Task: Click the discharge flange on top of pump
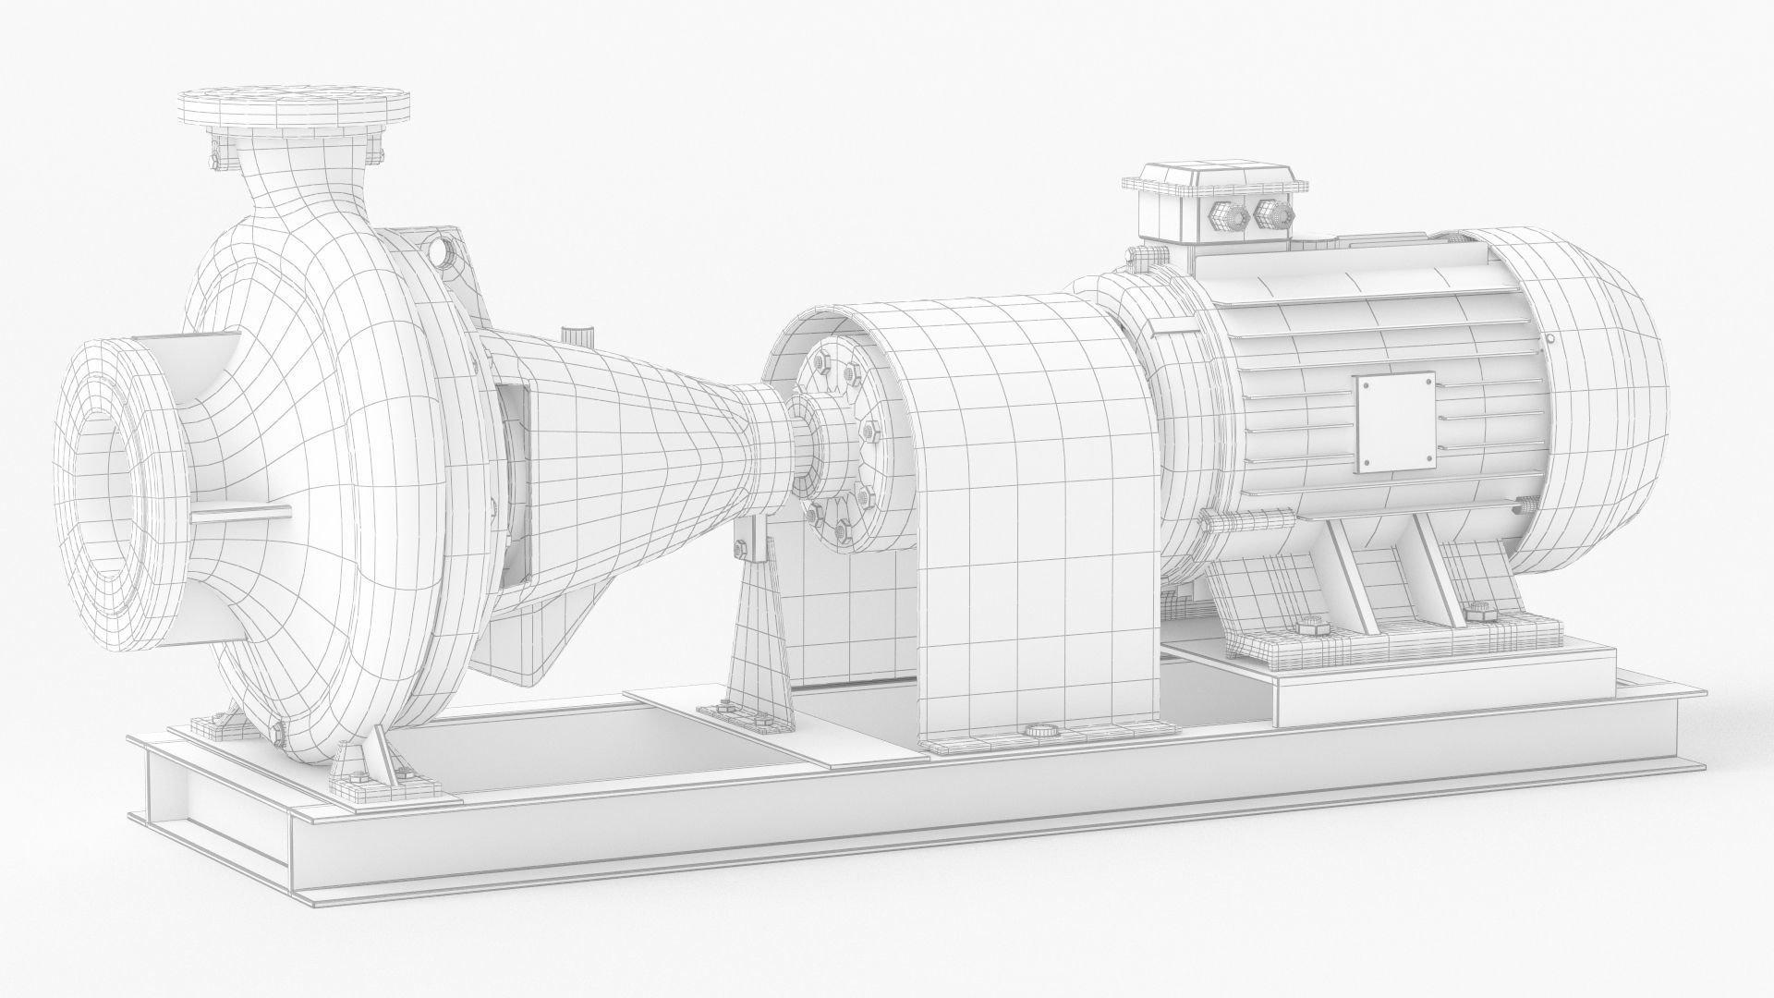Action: click(x=294, y=107)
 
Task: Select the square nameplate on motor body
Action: click(x=1394, y=425)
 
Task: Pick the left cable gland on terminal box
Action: click(x=1224, y=218)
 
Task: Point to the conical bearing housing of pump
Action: click(x=647, y=444)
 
